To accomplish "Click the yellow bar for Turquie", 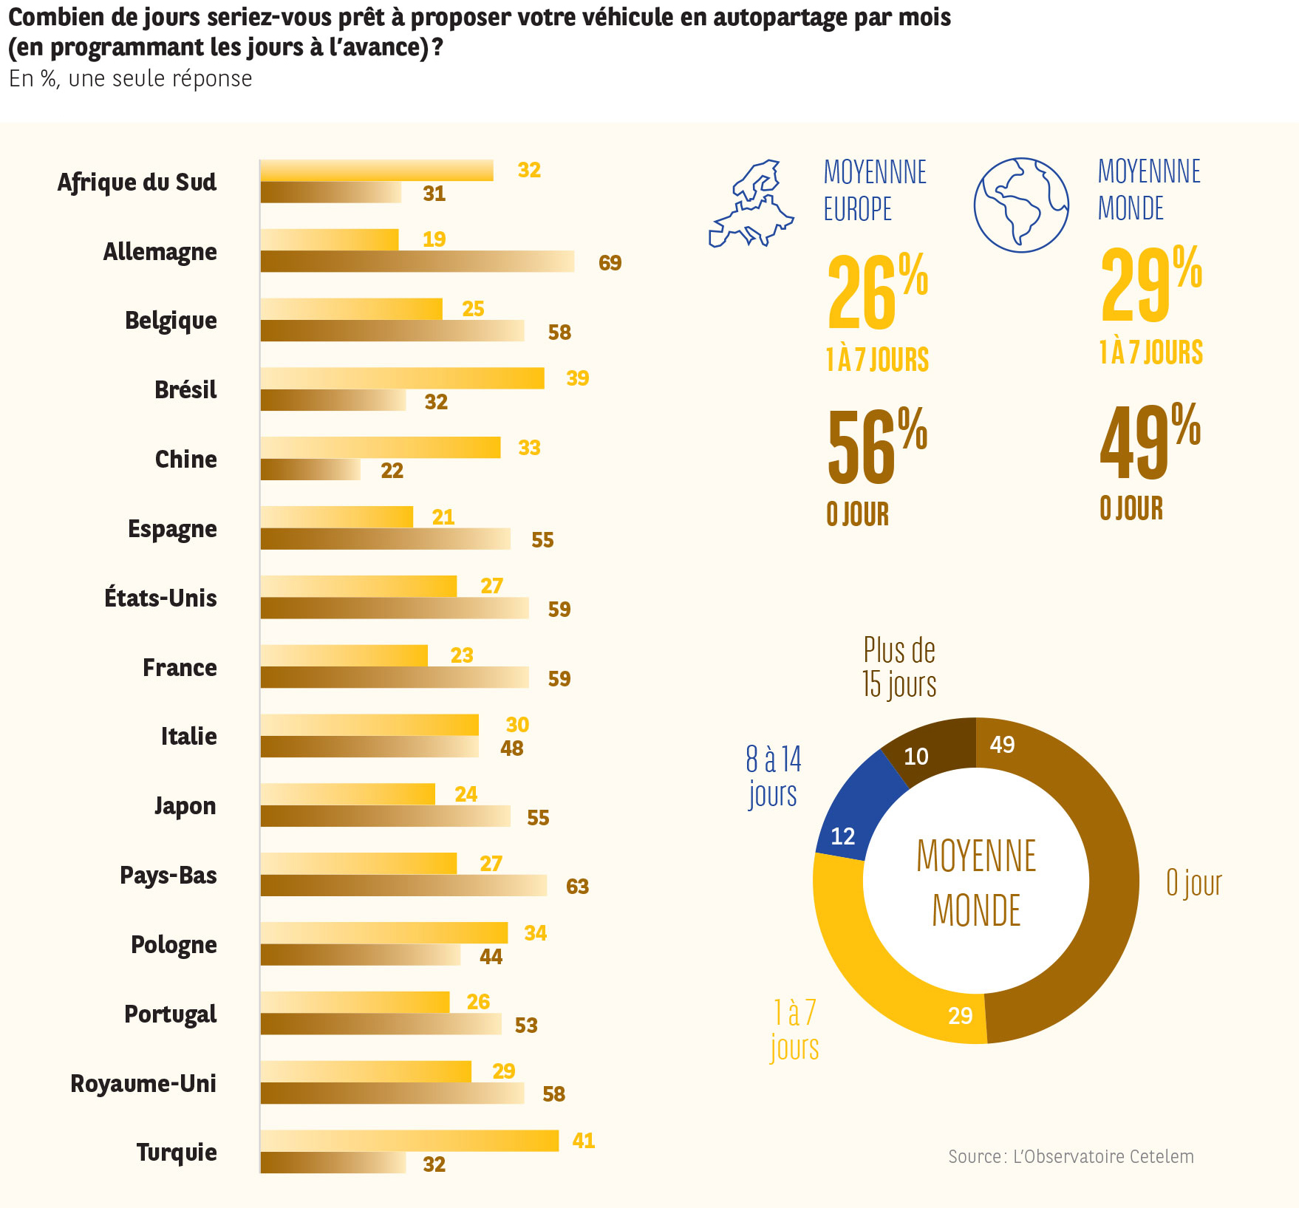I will pyautogui.click(x=409, y=1140).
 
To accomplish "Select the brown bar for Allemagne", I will pyautogui.click(x=417, y=262).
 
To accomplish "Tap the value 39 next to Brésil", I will pyautogui.click(x=578, y=378).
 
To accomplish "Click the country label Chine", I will pyautogui.click(x=186, y=460).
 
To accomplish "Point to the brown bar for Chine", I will pyautogui.click(x=310, y=470).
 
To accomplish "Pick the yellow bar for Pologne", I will pyautogui.click(x=383, y=932).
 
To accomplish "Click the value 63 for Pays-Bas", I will pyautogui.click(x=578, y=887).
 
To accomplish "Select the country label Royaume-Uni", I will pyautogui.click(x=143, y=1084).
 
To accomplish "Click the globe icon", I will pyautogui.click(x=1021, y=205).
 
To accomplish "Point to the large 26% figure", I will pyautogui.click(x=877, y=292).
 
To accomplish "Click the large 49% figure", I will pyautogui.click(x=1150, y=441).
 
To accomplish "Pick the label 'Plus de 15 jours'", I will pyautogui.click(x=899, y=667).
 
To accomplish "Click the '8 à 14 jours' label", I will pyautogui.click(x=773, y=777).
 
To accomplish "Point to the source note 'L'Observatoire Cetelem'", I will pyautogui.click(x=1071, y=1156).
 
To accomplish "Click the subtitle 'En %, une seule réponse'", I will pyautogui.click(x=131, y=79).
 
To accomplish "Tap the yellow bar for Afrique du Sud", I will pyautogui.click(x=376, y=170).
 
